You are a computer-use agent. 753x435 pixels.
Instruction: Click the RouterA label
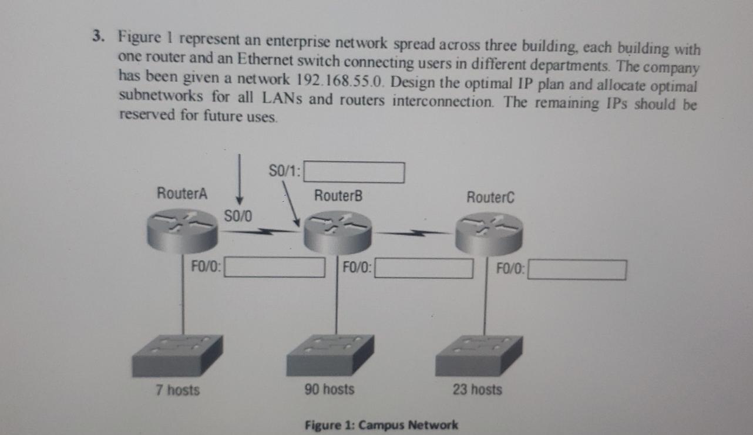181,193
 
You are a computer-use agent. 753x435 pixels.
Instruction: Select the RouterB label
338,195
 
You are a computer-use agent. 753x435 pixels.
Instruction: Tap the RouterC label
490,198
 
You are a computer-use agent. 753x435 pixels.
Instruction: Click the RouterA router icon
183,228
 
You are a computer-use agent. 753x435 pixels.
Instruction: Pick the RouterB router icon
338,232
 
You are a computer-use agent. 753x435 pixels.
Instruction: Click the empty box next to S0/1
354,173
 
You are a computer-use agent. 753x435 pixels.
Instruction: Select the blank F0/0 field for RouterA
275,267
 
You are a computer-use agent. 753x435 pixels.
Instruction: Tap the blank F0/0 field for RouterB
424,268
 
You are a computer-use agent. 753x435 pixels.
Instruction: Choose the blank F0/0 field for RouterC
577,270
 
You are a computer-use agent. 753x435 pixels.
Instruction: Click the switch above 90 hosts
330,355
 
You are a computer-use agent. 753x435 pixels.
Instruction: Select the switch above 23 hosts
478,356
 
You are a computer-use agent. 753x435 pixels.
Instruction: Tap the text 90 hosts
330,389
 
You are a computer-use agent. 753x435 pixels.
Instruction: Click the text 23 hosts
477,389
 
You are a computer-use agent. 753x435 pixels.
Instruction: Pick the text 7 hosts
177,389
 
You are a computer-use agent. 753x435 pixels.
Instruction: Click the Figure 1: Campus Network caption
381,424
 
